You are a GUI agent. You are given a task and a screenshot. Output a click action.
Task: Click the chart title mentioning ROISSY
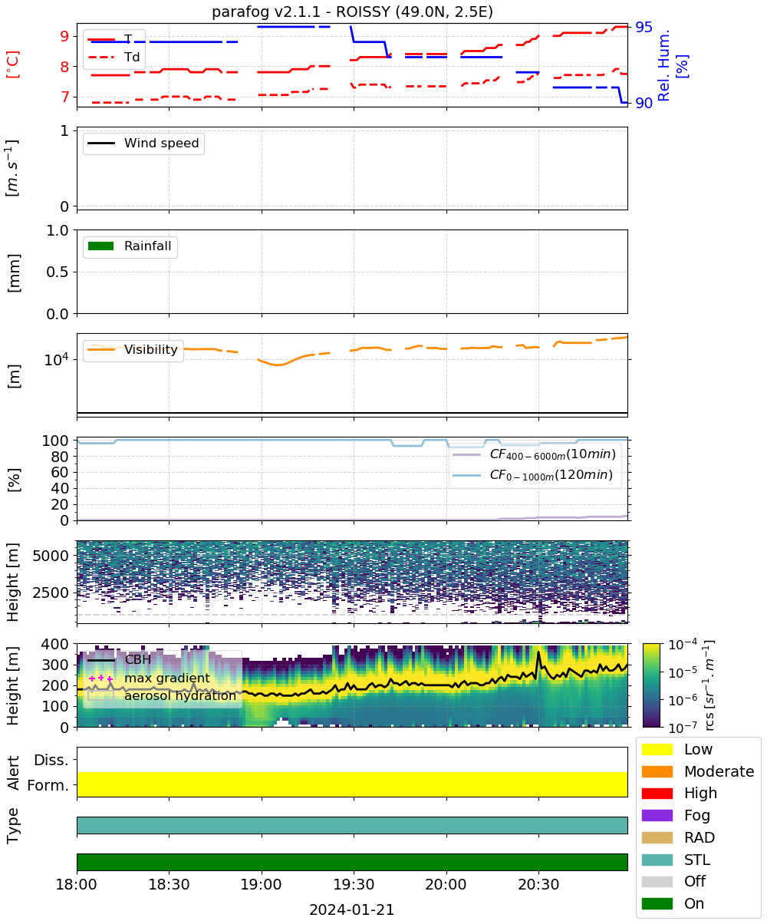pos(352,12)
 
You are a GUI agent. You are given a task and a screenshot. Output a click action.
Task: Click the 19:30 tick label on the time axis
pos(354,884)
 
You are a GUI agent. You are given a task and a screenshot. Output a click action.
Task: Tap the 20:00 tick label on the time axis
pos(446,884)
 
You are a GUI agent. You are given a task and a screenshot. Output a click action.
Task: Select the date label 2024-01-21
pos(352,909)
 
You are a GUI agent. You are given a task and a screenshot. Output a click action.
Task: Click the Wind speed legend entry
pos(143,143)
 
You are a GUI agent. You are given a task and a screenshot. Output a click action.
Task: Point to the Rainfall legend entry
pos(130,246)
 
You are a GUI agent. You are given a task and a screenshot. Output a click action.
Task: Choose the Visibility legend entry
pos(133,349)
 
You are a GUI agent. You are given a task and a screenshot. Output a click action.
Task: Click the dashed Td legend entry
pos(114,57)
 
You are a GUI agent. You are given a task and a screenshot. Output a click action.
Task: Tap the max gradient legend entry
pos(149,678)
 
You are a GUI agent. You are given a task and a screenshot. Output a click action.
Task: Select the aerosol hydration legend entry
pos(162,695)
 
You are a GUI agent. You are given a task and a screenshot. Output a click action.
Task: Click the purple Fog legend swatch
pos(657,815)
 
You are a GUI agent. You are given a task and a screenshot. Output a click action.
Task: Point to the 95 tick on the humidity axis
pos(644,28)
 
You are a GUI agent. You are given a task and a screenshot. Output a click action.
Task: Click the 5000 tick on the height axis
pos(51,556)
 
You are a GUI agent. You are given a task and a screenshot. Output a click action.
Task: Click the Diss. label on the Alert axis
pos(51,760)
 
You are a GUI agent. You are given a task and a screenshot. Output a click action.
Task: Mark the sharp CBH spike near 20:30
pos(538,652)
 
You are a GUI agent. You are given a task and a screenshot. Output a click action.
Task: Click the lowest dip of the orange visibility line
pos(277,365)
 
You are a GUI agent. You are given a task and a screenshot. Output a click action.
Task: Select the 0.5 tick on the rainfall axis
pos(58,272)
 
